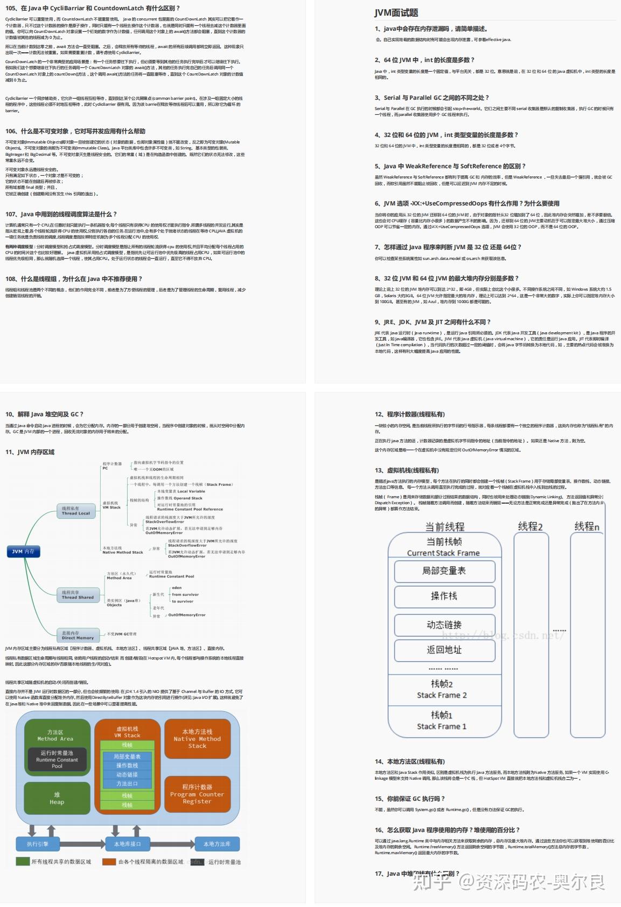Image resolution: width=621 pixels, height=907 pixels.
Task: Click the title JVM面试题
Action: (396, 12)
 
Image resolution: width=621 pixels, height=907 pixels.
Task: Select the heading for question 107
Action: (61, 214)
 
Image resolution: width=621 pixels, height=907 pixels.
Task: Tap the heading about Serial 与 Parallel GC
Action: (431, 98)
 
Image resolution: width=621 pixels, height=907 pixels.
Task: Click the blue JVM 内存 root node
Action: (23, 551)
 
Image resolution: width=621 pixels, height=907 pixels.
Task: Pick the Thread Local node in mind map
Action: (75, 511)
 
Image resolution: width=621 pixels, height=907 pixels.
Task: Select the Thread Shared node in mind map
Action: (78, 595)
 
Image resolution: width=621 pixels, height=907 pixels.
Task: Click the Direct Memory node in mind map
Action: (78, 635)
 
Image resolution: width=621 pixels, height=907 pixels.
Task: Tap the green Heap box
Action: (57, 798)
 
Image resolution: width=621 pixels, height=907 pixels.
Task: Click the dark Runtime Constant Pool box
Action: (57, 759)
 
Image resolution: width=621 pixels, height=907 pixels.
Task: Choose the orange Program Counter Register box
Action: (197, 794)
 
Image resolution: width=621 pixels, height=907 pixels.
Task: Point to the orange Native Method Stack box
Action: (197, 739)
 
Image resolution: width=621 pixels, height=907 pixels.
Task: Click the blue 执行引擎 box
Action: (38, 844)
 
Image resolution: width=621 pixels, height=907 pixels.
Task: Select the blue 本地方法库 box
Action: (217, 844)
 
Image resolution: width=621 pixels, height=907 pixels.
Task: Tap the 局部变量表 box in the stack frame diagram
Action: (444, 571)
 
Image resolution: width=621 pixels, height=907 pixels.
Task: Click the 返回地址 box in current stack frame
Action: (444, 650)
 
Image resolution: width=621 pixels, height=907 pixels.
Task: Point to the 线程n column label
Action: (587, 526)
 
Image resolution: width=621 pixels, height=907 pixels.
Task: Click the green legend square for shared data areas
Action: (23, 862)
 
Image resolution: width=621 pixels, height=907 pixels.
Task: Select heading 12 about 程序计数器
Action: (410, 414)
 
